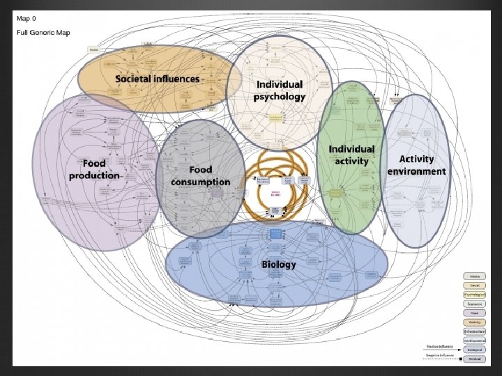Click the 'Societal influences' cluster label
click(x=158, y=79)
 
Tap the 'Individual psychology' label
click(x=279, y=91)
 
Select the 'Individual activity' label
click(x=351, y=155)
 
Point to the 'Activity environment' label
click(x=417, y=165)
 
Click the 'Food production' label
click(x=94, y=169)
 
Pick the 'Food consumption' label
click(x=200, y=175)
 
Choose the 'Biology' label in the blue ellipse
click(x=279, y=264)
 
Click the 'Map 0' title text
click(x=28, y=20)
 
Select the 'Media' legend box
click(x=474, y=276)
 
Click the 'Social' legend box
click(x=474, y=285)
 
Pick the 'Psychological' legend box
click(x=474, y=295)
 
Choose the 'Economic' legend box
click(x=474, y=304)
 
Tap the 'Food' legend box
click(x=474, y=313)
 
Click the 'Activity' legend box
click(x=474, y=322)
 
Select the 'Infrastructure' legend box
click(x=474, y=331)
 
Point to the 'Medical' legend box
click(x=474, y=358)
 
